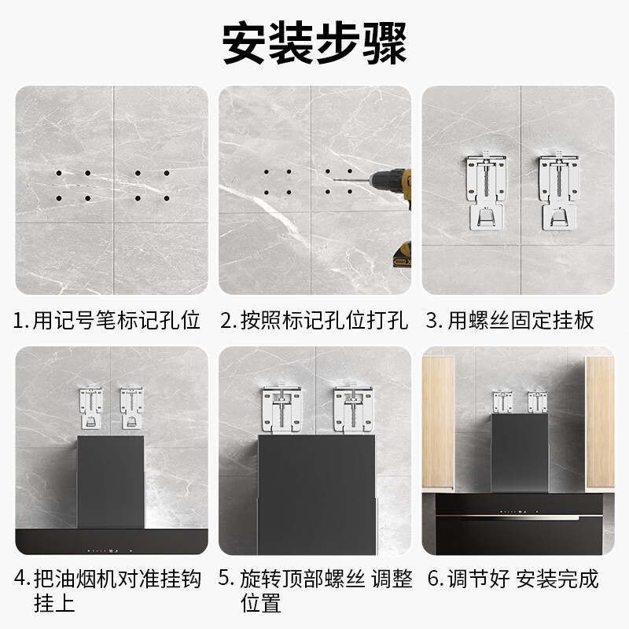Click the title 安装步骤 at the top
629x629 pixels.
(314, 43)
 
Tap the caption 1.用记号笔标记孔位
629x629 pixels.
(107, 320)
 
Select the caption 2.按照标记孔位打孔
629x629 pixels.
(314, 320)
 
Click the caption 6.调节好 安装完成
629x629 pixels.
(513, 579)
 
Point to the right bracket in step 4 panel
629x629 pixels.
(132, 407)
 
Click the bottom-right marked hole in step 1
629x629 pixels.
(166, 198)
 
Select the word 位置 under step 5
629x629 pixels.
(260, 603)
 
